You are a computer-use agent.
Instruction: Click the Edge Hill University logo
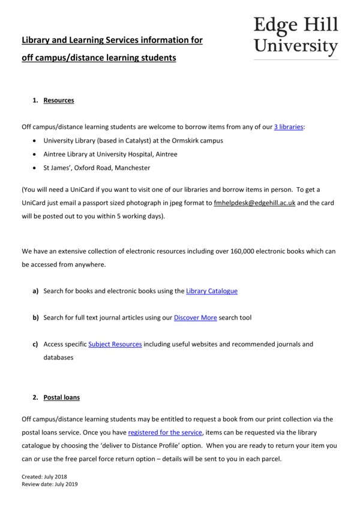tap(296, 35)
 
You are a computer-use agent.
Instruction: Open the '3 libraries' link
tap(289, 127)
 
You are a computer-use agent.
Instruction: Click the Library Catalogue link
tap(212, 291)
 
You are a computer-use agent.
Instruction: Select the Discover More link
tap(195, 318)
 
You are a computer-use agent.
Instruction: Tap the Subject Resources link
tap(115, 344)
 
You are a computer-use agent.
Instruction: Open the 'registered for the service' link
tap(165, 432)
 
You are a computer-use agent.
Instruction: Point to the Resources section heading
tap(59, 100)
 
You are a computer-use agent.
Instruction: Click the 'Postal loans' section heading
tap(61, 397)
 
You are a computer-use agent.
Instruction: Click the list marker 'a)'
tap(35, 291)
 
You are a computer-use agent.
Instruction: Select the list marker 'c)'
tap(35, 344)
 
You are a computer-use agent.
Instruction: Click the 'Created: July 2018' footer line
tap(43, 477)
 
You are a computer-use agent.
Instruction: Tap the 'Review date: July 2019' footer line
tap(50, 484)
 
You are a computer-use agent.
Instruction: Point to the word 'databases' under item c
tap(58, 357)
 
